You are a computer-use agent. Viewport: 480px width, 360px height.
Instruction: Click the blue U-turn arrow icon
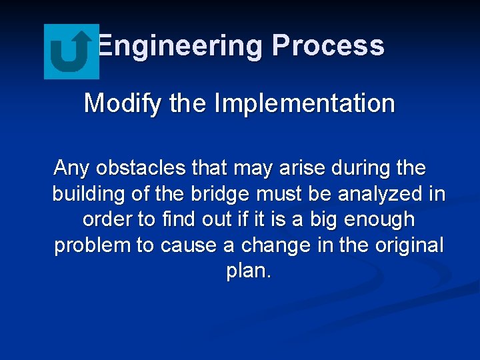pyautogui.click(x=71, y=51)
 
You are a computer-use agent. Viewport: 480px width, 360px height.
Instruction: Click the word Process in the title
pyautogui.click(x=328, y=46)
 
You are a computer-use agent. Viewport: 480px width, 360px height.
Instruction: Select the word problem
pyautogui.click(x=92, y=246)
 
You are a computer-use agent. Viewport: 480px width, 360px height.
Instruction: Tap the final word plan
pyautogui.click(x=248, y=272)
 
